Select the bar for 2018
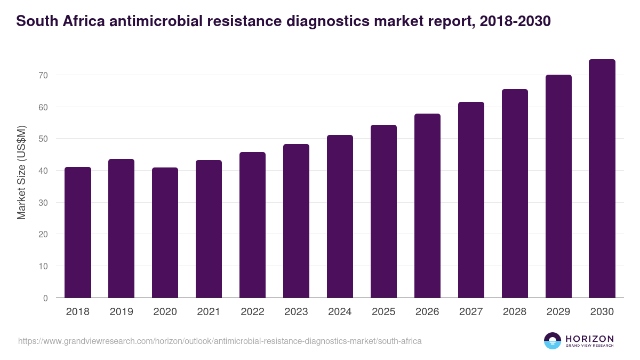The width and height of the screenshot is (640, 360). [78, 233]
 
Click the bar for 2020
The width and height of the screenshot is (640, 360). [165, 233]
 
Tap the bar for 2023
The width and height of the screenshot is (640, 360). [297, 221]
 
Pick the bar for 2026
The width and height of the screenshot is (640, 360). [428, 206]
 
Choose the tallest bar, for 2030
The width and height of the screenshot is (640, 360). [602, 179]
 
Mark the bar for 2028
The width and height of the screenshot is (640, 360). [515, 194]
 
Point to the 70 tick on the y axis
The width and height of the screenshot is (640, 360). [43, 75]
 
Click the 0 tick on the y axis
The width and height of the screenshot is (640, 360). [45, 298]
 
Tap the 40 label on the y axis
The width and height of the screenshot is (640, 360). [43, 171]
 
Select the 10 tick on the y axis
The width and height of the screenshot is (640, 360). [43, 266]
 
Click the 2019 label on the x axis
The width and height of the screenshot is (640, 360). [122, 312]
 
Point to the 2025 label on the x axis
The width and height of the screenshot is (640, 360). [384, 312]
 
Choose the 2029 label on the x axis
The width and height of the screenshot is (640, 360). [559, 312]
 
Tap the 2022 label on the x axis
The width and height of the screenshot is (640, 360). [253, 312]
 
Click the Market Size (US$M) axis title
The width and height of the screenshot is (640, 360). [21, 173]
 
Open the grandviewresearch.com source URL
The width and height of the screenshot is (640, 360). [220, 341]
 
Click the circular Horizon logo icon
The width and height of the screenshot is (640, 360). [553, 341]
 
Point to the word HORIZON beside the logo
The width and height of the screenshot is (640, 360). [589, 339]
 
